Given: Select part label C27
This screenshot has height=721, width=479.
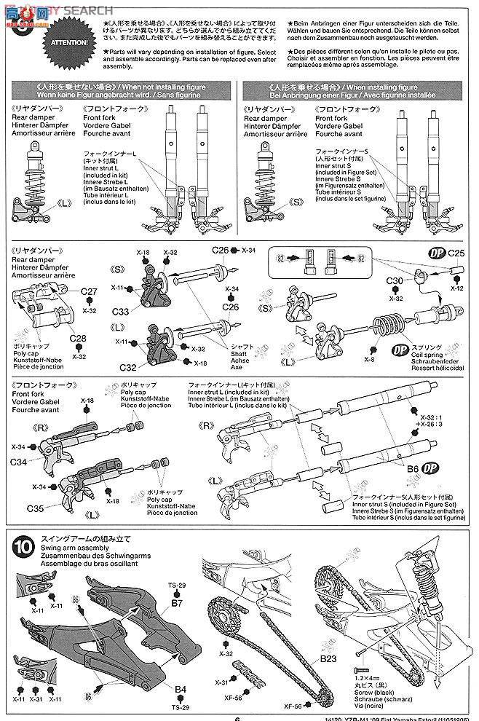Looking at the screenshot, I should pyautogui.click(x=90, y=291).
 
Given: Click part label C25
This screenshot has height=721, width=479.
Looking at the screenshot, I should pyautogui.click(x=456, y=253).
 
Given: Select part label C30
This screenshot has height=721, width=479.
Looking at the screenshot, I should pyautogui.click(x=393, y=281).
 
